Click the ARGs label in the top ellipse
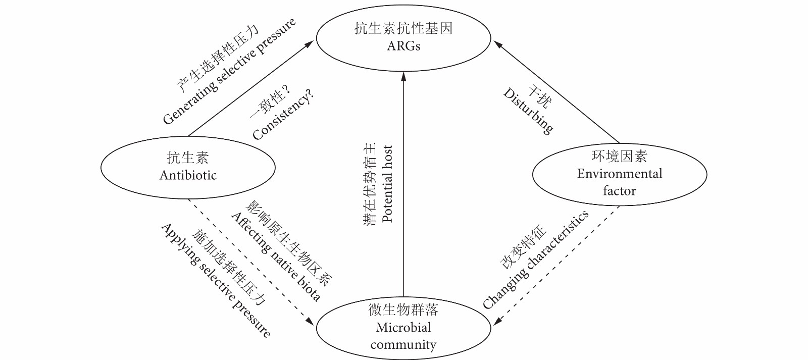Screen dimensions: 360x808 403,46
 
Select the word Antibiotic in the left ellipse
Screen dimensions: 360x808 188,175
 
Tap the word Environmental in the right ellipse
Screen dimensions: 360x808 619,174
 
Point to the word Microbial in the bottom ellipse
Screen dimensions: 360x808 403,327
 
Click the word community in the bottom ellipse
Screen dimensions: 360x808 403,345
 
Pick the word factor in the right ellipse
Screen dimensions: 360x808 619,191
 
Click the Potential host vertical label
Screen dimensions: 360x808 387,184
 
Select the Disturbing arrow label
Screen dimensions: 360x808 528,111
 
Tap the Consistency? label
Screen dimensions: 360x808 283,116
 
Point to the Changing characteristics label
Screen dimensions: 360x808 536,260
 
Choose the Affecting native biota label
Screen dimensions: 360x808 276,257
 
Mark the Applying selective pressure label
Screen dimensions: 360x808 216,280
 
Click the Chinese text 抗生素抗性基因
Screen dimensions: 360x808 403,28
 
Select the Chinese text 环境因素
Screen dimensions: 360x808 619,156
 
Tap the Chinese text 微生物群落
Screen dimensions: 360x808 403,310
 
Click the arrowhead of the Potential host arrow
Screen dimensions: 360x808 403,76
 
